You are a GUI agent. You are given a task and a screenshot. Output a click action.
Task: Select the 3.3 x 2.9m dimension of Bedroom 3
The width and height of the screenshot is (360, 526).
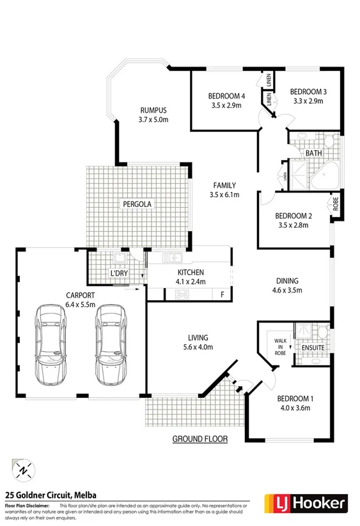pos(306,101)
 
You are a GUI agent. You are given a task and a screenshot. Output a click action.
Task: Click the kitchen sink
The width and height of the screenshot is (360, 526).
pos(172,259)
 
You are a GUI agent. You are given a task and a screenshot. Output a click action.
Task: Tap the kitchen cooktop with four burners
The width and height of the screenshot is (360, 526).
pos(183,294)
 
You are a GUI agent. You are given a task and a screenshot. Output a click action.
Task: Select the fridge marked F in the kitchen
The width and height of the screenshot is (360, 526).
pos(221,294)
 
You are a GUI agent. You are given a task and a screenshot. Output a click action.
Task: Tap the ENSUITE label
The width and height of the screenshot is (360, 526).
pos(313,348)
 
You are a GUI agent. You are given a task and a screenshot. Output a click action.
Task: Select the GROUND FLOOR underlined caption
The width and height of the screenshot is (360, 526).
pos(200,439)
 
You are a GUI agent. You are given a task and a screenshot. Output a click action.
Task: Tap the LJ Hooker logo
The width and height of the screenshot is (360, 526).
pos(306,502)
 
